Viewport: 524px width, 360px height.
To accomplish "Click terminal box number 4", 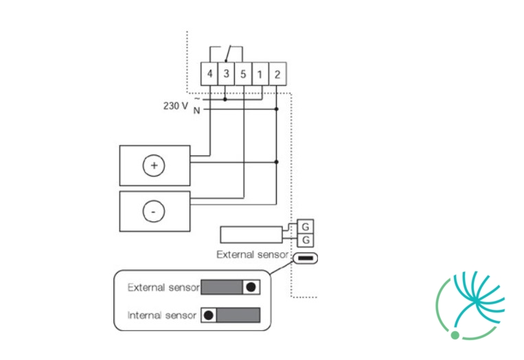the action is tap(209, 74).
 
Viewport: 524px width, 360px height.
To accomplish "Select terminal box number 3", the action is tap(226, 74).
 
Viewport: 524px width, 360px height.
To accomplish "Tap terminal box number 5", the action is tap(243, 74).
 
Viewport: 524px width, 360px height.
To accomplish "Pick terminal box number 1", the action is tap(260, 74).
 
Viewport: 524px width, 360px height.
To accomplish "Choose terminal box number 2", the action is tap(277, 74).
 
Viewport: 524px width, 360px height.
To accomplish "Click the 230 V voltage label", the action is tap(176, 106).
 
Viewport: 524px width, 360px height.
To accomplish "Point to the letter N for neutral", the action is tap(197, 111).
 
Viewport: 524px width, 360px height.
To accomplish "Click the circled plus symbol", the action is tap(154, 166).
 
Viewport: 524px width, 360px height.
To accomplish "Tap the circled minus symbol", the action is tap(154, 212).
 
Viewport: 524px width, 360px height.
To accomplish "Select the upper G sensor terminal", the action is tap(306, 227).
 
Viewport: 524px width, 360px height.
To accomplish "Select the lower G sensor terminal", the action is tap(306, 240).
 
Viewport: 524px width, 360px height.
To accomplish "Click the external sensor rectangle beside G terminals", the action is tap(251, 235).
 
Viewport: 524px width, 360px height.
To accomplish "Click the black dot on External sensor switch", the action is tap(251, 287).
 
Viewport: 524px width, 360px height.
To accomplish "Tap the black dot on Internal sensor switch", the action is tap(209, 315).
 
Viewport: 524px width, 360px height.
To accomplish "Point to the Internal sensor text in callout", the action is tap(162, 315).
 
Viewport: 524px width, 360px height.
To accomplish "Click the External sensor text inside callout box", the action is tap(163, 287).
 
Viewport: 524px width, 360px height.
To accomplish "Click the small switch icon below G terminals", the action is tap(306, 258).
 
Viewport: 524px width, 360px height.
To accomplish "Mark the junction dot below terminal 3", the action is tap(225, 100).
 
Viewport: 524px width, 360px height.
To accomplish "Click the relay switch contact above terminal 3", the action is tap(228, 54).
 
